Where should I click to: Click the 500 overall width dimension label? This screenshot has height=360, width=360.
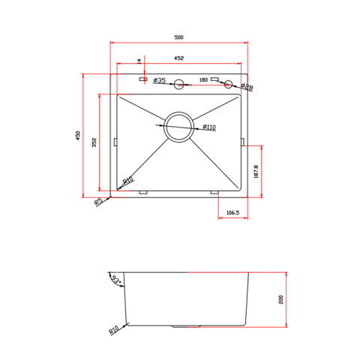(x=178, y=37)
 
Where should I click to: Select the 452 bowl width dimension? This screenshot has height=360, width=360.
(x=178, y=58)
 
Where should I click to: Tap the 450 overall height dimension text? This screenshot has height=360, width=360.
(x=78, y=135)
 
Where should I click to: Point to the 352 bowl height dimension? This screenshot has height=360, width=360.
(x=94, y=142)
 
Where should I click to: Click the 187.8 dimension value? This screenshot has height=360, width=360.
(x=256, y=172)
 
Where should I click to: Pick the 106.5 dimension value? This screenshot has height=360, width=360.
(x=232, y=212)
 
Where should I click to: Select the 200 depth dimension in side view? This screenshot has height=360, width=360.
(x=280, y=299)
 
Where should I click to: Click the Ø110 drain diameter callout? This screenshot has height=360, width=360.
(x=209, y=127)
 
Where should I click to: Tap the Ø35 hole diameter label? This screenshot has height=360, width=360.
(x=160, y=80)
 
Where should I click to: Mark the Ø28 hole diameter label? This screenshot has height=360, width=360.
(x=247, y=86)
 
